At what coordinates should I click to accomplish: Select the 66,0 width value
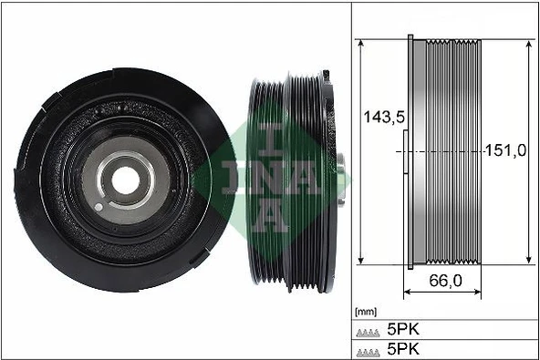(444, 281)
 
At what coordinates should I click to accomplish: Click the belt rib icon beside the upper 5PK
(369, 330)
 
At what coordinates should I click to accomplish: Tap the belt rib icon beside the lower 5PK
(369, 351)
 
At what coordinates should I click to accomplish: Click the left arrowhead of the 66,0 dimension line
(406, 293)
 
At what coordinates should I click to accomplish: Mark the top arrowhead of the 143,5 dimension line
(363, 44)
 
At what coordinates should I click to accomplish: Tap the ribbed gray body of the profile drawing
(447, 109)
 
